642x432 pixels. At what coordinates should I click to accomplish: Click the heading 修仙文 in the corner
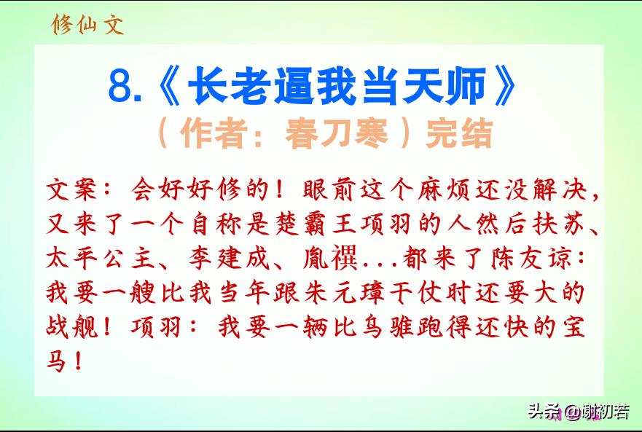point(87,25)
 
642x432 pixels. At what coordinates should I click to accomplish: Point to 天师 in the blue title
point(444,86)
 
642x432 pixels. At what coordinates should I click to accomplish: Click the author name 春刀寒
point(337,133)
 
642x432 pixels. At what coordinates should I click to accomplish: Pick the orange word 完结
point(459,133)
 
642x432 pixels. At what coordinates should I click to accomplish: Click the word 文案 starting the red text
point(71,189)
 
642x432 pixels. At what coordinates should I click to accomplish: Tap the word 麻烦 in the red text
point(443,189)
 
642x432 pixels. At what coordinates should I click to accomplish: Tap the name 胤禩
point(330,258)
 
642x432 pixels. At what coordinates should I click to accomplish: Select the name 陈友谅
point(531,258)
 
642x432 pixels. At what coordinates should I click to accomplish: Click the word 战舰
point(72,327)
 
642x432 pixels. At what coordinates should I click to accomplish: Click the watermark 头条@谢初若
point(579,412)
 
